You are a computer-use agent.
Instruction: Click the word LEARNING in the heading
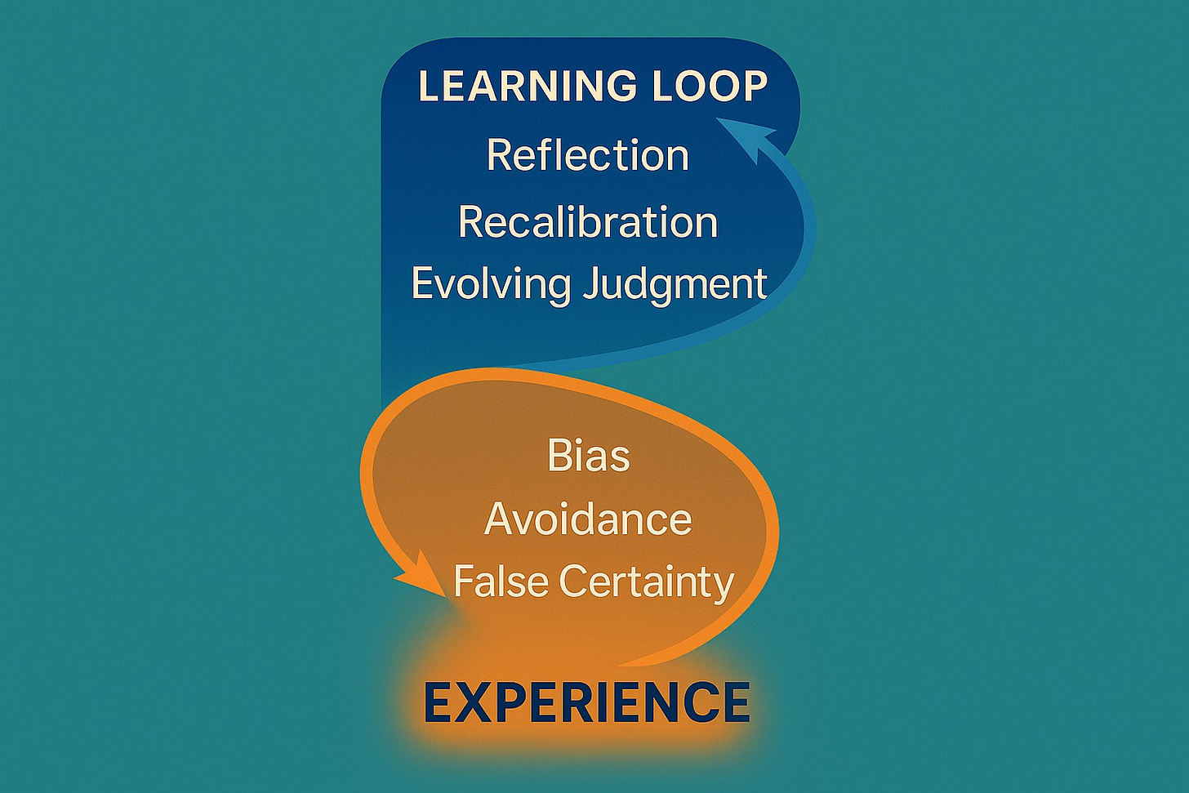(516, 87)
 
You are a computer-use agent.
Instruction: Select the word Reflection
(588, 155)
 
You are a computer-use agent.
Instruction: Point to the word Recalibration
(588, 222)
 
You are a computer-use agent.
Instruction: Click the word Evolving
(491, 284)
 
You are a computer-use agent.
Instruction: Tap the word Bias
(589, 456)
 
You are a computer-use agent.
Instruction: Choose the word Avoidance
(588, 519)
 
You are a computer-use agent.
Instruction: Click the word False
(501, 581)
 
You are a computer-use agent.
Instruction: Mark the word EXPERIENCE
(587, 702)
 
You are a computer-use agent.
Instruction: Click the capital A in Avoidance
(500, 519)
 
